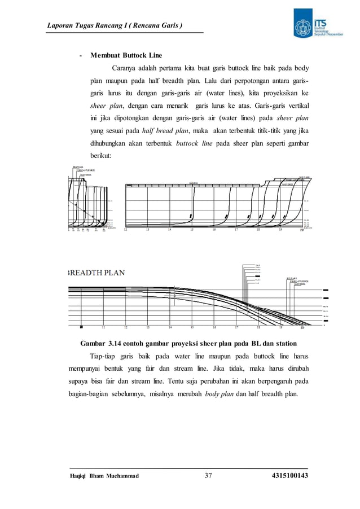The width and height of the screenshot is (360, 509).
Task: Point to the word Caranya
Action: pos(125,69)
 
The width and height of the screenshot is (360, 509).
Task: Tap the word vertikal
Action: pos(297,106)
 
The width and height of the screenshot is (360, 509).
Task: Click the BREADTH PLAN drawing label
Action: pos(96,272)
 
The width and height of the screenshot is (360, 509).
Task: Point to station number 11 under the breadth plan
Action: pos(103,327)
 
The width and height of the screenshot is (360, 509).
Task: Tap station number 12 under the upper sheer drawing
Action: pos(126,230)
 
